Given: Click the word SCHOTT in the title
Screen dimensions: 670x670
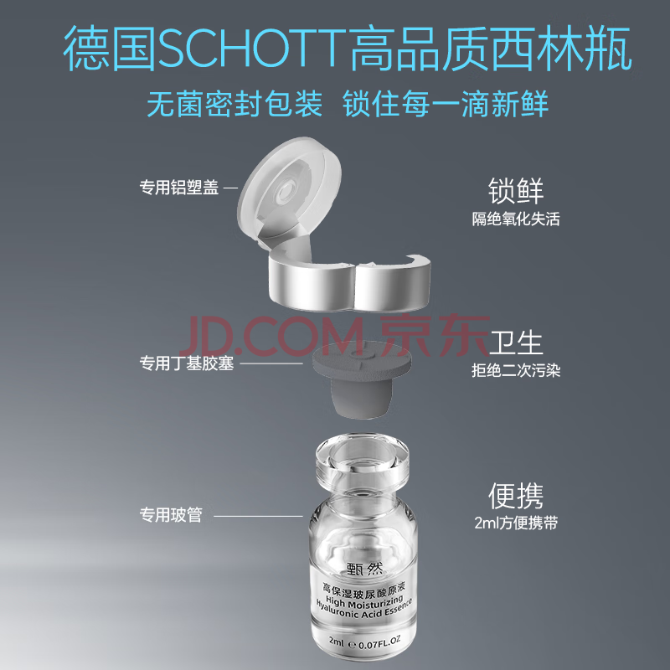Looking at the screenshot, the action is (252, 48).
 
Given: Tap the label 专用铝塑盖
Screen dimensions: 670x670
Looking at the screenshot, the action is (179, 187).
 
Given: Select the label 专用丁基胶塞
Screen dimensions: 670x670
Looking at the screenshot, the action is (187, 363).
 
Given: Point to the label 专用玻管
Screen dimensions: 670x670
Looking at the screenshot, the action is (171, 514).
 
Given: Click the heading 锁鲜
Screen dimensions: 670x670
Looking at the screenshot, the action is (516, 191).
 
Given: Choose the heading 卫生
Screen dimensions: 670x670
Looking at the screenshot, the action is (516, 343).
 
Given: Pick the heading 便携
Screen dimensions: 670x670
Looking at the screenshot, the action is (516, 496).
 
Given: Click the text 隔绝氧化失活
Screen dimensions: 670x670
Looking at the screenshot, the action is (516, 219).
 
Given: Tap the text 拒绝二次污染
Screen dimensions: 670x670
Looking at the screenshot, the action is (516, 370).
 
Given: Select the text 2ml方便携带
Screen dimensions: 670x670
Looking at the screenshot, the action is (516, 523).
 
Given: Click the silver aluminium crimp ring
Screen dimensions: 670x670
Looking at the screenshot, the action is (349, 283).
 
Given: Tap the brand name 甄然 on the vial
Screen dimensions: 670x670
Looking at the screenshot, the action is (364, 569).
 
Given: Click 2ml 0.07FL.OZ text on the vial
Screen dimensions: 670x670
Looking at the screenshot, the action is (364, 642).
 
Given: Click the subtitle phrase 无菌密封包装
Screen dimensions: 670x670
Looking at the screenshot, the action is (234, 103).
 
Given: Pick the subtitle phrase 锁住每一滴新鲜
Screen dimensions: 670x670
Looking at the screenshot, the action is (446, 103).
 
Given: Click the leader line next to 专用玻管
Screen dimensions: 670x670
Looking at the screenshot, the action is (258, 516).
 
